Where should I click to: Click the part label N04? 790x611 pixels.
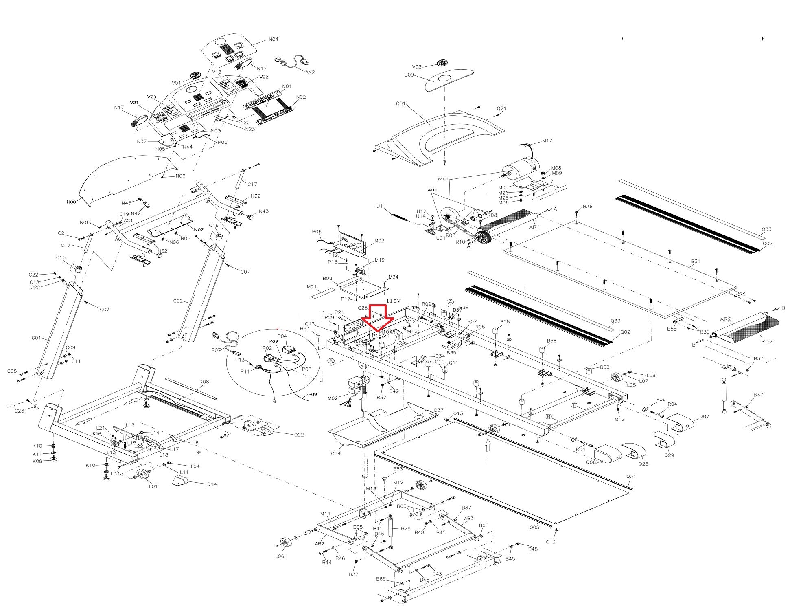pos(273,40)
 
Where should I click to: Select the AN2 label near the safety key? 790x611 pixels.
pos(310,72)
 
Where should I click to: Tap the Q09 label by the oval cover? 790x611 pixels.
pos(409,75)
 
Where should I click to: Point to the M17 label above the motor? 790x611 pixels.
pos(547,141)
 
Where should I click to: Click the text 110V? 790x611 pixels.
pos(393,301)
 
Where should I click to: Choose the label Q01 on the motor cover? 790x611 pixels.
pos(401,103)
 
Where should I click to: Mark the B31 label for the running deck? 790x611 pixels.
pos(695,261)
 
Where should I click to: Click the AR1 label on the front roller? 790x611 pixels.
pos(534,227)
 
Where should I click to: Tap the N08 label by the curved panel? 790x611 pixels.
pos(71,202)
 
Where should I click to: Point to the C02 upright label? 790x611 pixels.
pos(178,301)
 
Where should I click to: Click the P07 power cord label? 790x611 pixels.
pos(216,350)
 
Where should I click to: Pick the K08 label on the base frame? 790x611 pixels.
pos(204,382)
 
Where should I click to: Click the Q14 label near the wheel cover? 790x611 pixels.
pos(212,484)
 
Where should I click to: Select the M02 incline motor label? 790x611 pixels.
pos(333,398)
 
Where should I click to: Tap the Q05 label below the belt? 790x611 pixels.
pos(534,527)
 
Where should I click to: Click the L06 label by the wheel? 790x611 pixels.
pos(279,556)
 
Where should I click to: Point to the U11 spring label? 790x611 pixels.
pos(381,207)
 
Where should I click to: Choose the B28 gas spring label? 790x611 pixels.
pos(405,528)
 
